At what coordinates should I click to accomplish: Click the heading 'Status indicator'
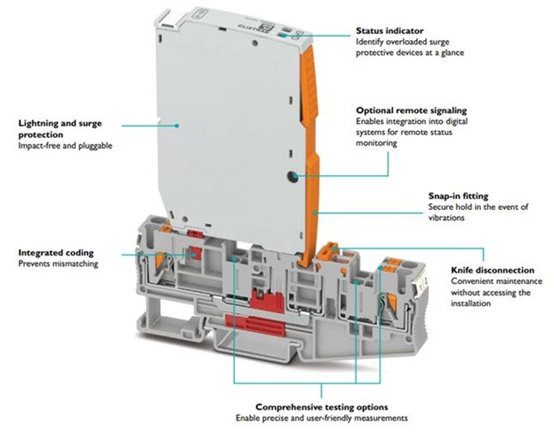pyautogui.click(x=389, y=29)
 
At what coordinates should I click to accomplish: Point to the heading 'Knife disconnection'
pyautogui.click(x=491, y=270)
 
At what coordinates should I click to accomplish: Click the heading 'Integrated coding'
pyautogui.click(x=55, y=254)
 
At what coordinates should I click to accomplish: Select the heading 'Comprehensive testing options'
pyautogui.click(x=319, y=406)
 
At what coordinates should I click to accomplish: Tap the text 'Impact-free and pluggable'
pyautogui.click(x=65, y=145)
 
